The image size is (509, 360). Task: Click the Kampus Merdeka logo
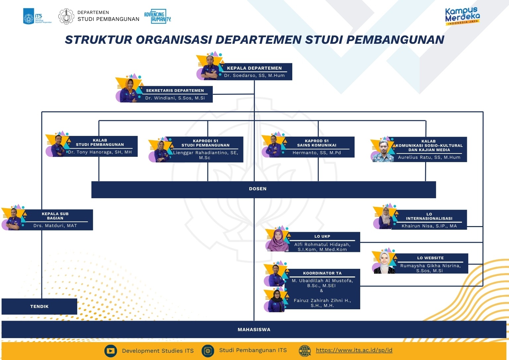coord(462,16)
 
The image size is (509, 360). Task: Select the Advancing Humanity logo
coord(157,16)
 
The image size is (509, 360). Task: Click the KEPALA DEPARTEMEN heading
coord(254,68)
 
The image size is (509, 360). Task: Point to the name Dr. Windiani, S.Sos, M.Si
coord(175,98)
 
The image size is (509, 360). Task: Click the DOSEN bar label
coord(257,189)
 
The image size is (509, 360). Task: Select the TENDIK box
coord(39,307)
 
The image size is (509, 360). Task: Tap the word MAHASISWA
coord(254,330)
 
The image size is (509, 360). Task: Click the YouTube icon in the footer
coord(111,351)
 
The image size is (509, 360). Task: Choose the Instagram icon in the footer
coord(208,351)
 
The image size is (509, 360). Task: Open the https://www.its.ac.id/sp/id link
coord(354,350)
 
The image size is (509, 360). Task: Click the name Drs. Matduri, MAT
coord(55,226)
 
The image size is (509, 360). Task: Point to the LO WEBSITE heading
coord(430,258)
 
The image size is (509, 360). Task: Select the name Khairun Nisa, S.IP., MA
coord(429,226)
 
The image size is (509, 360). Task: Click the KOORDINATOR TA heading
coord(322,273)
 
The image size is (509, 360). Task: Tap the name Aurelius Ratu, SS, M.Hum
coord(429,157)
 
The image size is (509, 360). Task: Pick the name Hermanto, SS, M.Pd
coord(316,153)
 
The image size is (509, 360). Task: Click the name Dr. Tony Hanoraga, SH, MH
coord(100,152)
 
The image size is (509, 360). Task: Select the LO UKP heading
coord(322,236)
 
